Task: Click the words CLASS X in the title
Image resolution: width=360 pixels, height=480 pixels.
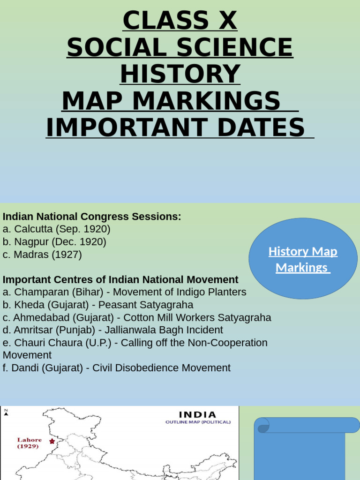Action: click(180, 21)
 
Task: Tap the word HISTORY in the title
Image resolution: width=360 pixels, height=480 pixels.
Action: click(180, 74)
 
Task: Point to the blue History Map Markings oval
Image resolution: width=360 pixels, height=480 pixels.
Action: click(303, 259)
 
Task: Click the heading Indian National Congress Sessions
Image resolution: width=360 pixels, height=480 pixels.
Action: click(92, 217)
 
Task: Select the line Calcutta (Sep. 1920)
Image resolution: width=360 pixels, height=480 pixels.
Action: click(57, 229)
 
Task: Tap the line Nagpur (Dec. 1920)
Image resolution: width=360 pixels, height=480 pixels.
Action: click(54, 242)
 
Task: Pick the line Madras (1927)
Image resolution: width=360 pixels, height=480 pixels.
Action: click(42, 255)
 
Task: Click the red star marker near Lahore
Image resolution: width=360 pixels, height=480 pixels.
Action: click(52, 441)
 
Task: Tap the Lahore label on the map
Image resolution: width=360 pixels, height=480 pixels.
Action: click(30, 440)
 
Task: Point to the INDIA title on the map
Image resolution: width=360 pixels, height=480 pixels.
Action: click(198, 415)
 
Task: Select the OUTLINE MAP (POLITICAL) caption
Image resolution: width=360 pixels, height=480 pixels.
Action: click(198, 422)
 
